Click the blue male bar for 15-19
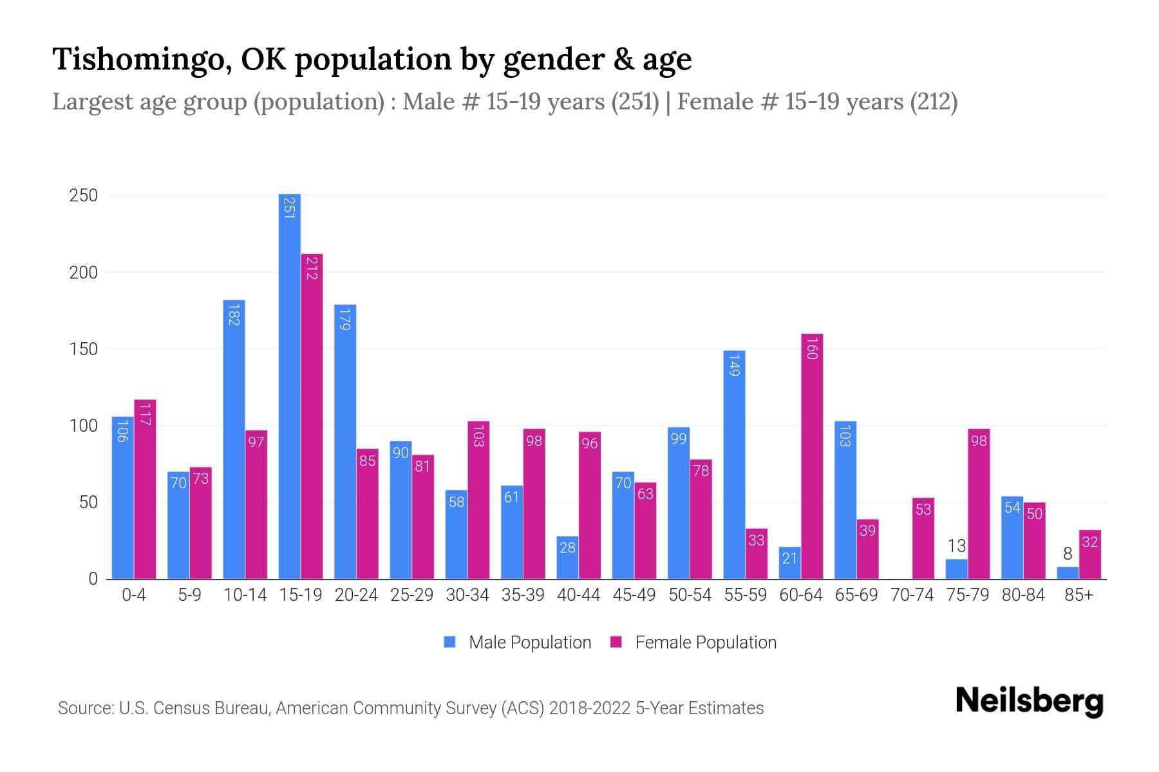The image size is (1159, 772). (x=289, y=386)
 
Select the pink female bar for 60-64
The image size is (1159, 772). (x=812, y=457)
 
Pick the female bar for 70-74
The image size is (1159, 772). (x=923, y=538)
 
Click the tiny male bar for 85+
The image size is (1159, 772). (x=1068, y=573)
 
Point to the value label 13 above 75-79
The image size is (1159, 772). (x=956, y=546)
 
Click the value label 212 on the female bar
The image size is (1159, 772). (x=312, y=268)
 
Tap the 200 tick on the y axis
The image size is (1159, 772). (x=83, y=272)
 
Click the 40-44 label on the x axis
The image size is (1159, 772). (x=578, y=595)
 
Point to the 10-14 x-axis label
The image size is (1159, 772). (x=245, y=595)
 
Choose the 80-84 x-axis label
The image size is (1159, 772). (x=1023, y=595)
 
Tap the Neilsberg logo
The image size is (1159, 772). (x=1029, y=701)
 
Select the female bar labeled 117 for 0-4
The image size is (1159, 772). (x=145, y=489)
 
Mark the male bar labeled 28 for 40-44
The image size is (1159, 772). (x=567, y=558)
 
